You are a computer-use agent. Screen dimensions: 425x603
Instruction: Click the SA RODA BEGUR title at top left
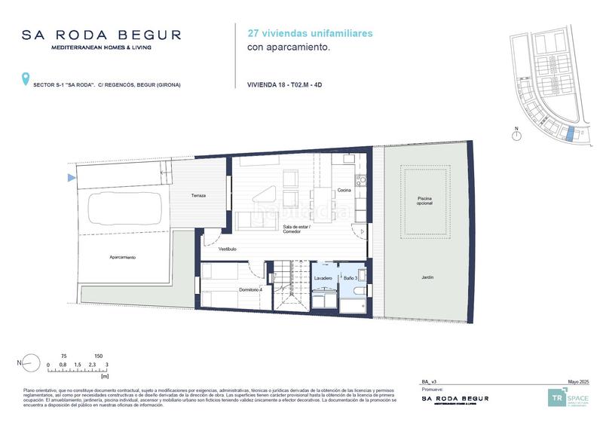click(102, 35)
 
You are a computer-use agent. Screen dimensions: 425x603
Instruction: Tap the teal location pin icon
click(26, 78)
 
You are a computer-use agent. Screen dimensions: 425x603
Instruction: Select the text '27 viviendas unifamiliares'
click(310, 33)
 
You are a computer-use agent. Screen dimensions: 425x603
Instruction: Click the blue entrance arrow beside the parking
click(72, 178)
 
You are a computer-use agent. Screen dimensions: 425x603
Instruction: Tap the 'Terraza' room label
click(198, 196)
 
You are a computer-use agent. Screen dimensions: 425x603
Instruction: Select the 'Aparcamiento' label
click(122, 258)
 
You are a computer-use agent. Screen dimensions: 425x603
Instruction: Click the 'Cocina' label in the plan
click(344, 190)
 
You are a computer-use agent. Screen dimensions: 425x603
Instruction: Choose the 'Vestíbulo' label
click(228, 249)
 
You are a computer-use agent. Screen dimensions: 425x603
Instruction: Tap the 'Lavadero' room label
click(323, 279)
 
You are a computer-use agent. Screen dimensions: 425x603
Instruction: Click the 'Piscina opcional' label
click(425, 201)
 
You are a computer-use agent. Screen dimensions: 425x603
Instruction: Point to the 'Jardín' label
click(427, 278)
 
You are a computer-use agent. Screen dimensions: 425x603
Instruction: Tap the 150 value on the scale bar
click(99, 356)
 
